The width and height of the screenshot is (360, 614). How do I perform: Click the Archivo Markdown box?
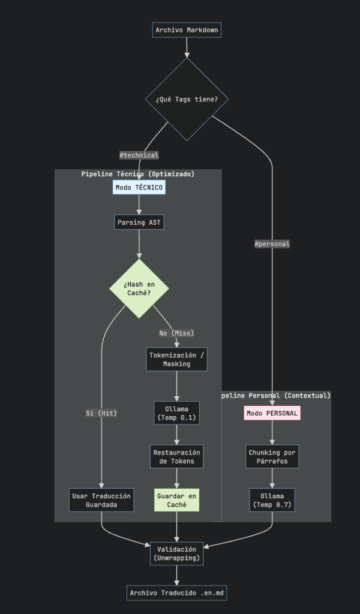[x=187, y=30]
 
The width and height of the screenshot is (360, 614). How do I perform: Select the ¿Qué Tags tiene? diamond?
[x=187, y=99]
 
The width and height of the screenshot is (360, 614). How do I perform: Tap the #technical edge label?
[x=139, y=155]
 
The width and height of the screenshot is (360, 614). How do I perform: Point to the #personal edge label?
[x=272, y=244]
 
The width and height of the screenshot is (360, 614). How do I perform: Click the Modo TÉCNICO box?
[x=139, y=188]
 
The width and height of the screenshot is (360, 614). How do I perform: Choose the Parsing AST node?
[x=139, y=222]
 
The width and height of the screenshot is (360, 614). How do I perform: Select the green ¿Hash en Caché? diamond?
[x=139, y=288]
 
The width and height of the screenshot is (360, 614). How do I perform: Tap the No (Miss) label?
[x=176, y=333]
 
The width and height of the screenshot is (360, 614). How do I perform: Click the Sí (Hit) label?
[x=101, y=413]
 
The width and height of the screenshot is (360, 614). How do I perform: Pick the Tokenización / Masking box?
[x=176, y=360]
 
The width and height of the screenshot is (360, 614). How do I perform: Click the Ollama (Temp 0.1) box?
[x=176, y=413]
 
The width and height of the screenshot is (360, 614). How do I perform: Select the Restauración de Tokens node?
[x=176, y=456]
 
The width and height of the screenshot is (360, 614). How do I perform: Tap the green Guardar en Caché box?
[x=176, y=500]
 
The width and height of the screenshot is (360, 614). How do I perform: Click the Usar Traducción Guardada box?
[x=101, y=500]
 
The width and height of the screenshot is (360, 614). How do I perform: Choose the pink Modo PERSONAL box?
[x=272, y=413]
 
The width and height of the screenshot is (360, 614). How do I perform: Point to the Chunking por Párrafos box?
[x=272, y=456]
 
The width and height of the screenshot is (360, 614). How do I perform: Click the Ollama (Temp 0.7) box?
[x=272, y=500]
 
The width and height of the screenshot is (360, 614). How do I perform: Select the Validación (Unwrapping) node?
[x=176, y=553]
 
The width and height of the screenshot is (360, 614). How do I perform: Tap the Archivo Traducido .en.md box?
[x=176, y=593]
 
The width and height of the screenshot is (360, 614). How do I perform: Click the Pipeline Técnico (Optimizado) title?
[x=138, y=174]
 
